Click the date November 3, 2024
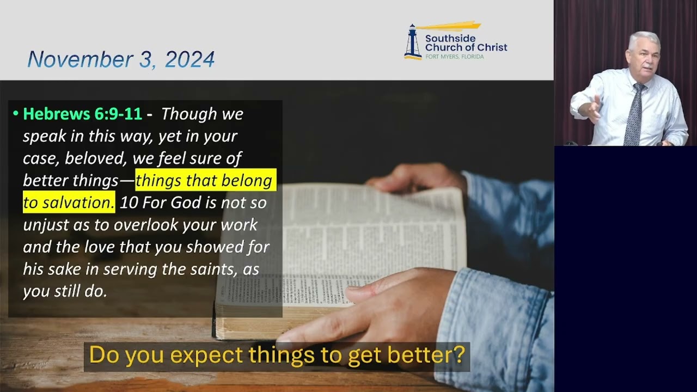pyautogui.click(x=121, y=59)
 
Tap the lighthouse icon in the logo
pyautogui.click(x=412, y=41)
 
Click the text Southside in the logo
pyautogui.click(x=450, y=38)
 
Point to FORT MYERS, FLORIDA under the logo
pyautogui.click(x=454, y=57)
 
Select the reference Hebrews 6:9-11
pyautogui.click(x=82, y=114)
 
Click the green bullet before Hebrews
pyautogui.click(x=16, y=114)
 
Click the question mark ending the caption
pyautogui.click(x=460, y=355)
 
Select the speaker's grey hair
pyautogui.click(x=644, y=39)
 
